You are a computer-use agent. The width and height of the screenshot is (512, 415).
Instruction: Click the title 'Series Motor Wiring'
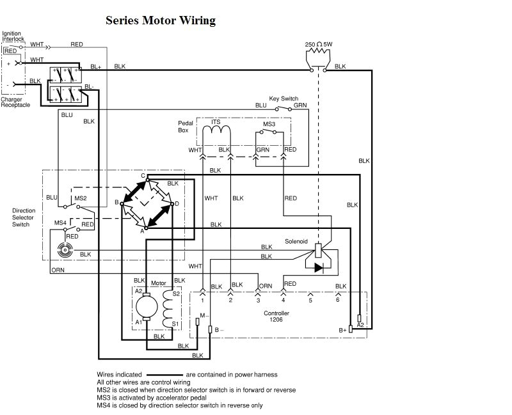pyautogui.click(x=161, y=20)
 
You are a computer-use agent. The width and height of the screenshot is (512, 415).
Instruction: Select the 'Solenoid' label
pyautogui.click(x=296, y=241)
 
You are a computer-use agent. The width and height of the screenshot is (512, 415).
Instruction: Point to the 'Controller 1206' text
pyautogui.click(x=276, y=316)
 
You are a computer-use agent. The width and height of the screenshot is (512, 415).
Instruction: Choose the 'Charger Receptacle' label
pyautogui.click(x=15, y=102)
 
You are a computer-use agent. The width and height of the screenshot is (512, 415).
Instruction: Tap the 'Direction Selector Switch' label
pyautogui.click(x=24, y=217)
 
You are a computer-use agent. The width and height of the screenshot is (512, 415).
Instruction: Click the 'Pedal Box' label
pyautogui.click(x=185, y=126)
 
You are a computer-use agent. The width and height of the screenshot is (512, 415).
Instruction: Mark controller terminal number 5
pyautogui.click(x=310, y=300)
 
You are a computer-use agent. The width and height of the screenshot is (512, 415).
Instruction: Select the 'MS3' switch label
pyautogui.click(x=269, y=124)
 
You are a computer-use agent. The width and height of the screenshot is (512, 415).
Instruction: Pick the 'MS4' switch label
pyautogui.click(x=60, y=222)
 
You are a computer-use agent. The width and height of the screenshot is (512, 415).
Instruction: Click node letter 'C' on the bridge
pyautogui.click(x=144, y=176)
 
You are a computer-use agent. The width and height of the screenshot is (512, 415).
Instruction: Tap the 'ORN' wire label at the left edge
pyautogui.click(x=58, y=270)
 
